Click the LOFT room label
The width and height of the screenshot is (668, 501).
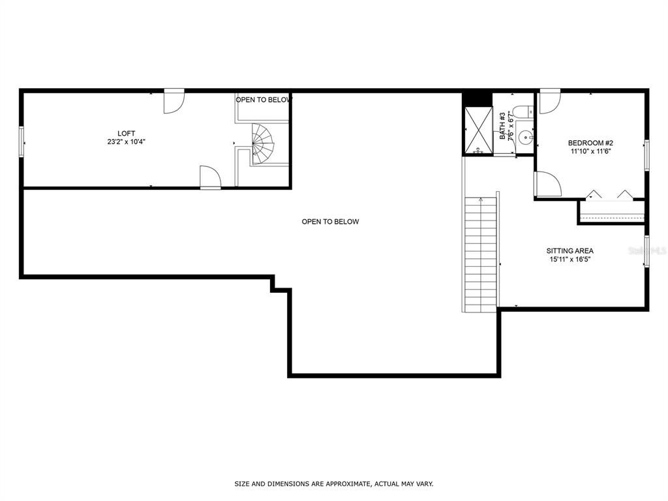click(127, 133)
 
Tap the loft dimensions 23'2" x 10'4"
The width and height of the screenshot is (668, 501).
click(127, 142)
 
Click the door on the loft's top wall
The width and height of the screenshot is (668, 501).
click(174, 102)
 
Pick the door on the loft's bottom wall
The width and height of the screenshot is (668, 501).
click(210, 177)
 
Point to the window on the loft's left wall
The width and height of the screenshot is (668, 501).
click(22, 142)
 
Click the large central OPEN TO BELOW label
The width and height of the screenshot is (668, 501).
click(330, 222)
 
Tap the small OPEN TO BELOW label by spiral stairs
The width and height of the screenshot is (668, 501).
click(264, 100)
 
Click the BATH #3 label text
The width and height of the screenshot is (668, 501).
click(502, 126)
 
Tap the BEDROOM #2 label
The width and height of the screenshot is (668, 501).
click(590, 143)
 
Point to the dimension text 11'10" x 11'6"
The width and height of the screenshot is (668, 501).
click(590, 151)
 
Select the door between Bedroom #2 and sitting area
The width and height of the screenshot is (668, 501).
click(547, 184)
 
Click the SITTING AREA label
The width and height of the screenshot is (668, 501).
click(570, 250)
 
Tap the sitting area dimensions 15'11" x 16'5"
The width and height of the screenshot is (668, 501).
click(570, 259)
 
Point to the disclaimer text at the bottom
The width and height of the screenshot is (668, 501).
click(334, 484)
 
